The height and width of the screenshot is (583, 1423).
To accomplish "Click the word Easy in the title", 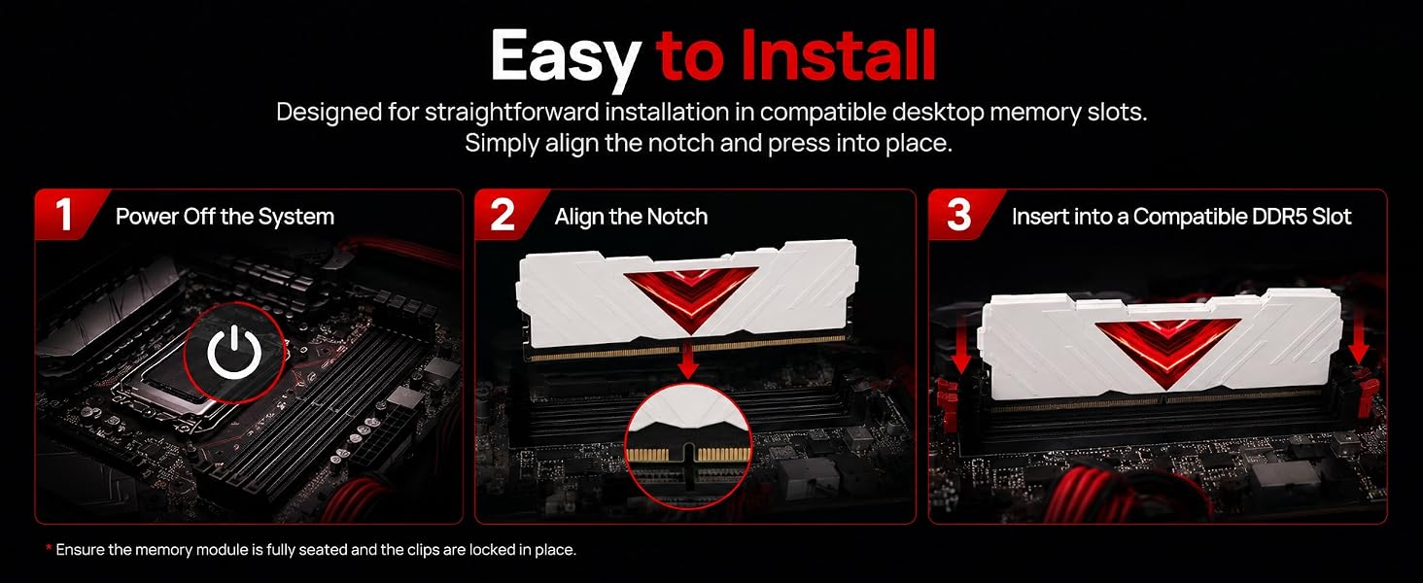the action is pos(565,58).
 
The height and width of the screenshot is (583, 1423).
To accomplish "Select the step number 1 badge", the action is pos(64,215).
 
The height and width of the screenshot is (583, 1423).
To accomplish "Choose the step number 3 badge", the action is pos(958,215).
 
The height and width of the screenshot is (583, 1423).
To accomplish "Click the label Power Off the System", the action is pos(225,217).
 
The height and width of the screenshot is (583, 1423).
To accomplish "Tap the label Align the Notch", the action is pos(631,217).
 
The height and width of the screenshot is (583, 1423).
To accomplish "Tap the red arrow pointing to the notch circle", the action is pos(688,362).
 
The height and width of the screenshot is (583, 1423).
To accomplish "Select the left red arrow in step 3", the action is pos(962,345).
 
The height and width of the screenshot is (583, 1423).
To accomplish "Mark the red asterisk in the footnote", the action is pos(49,547).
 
